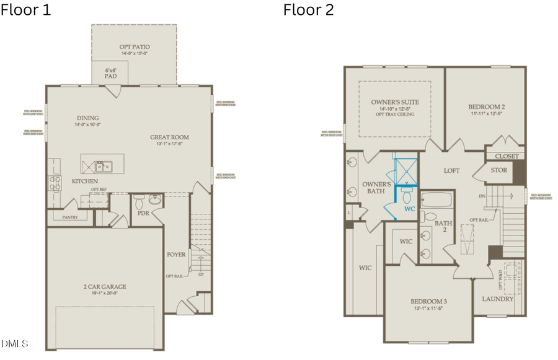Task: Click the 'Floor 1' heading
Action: coord(25,10)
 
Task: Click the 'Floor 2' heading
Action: coord(308,10)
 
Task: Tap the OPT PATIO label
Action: coord(135,47)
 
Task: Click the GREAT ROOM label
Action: coord(169,138)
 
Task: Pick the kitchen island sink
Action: coord(107,165)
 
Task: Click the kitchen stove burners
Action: coord(54,182)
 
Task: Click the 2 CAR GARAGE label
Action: coord(105,286)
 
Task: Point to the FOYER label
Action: coord(177,254)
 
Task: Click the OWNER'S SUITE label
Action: coord(395,102)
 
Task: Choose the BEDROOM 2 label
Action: coord(486,107)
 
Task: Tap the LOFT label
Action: coord(451,170)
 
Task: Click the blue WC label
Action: coord(409,209)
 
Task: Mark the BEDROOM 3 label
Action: coord(428,301)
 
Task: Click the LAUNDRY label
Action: coord(498,299)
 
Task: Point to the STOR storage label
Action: coord(498,170)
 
